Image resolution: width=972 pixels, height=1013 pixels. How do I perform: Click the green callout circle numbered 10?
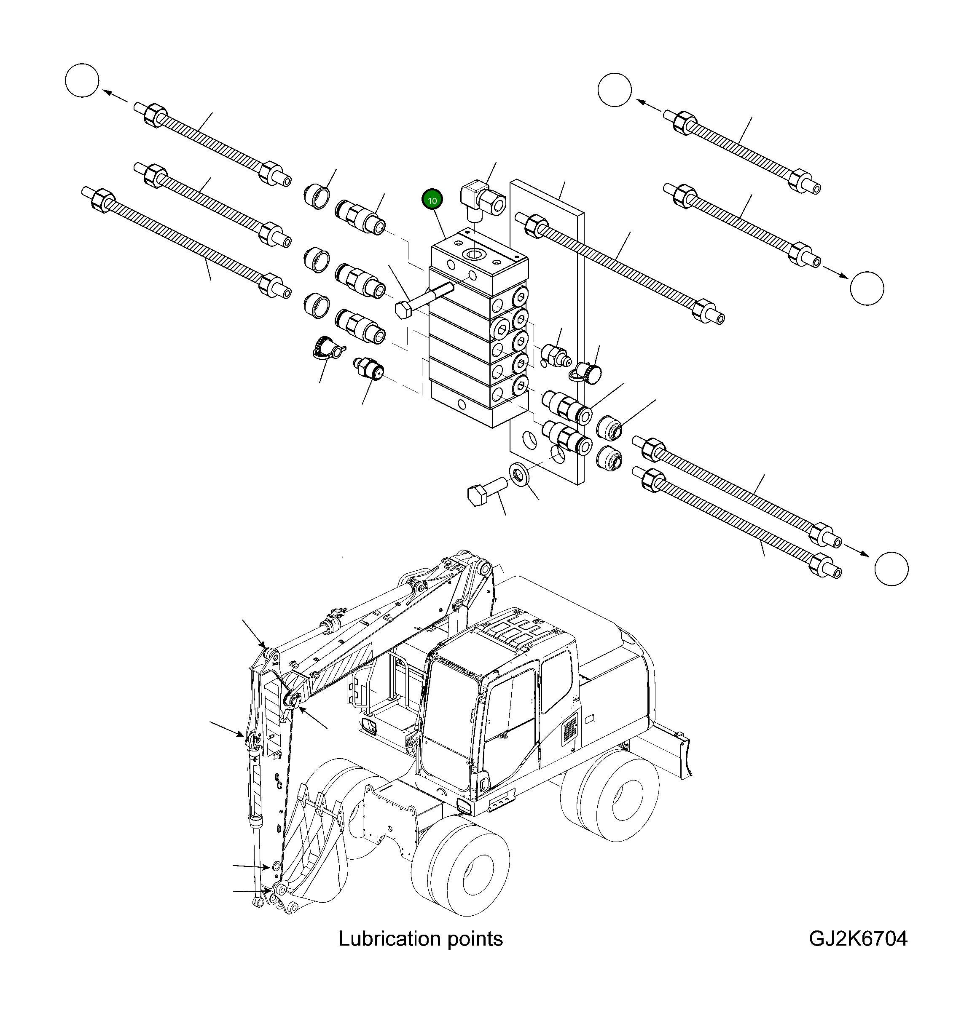(x=432, y=200)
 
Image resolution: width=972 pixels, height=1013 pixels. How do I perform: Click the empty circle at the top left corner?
(x=82, y=80)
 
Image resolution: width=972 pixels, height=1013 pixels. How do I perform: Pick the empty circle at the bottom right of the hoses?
(x=891, y=569)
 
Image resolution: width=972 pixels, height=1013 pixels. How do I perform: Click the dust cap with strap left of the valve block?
(x=325, y=347)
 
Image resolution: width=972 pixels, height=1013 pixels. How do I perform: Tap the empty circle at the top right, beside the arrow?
(x=614, y=90)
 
